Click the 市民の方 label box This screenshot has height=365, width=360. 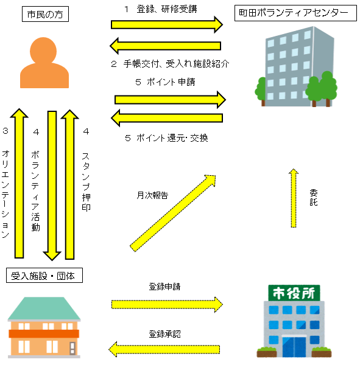pos(45,14)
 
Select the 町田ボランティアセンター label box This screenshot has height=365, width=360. pos(295,13)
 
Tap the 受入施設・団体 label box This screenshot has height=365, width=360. pos(44,276)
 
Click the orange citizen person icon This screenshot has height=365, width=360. pos(44,63)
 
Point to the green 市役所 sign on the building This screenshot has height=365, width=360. pos(294,293)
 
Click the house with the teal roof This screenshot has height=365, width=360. pos(44,327)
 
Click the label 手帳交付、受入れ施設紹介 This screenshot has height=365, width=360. pos(176,63)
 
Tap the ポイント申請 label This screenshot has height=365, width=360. pos(171,82)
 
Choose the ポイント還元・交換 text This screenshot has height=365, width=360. pos(172,138)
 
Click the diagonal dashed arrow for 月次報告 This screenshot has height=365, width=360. pos(172,214)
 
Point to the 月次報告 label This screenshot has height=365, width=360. pos(152,195)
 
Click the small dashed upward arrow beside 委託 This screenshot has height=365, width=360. pos(294,198)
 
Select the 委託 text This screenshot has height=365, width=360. pos(314,197)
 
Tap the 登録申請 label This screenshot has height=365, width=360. pos(164,287)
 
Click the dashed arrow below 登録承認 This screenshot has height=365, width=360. pos(164,349)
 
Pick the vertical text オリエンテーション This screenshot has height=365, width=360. pos(5,194)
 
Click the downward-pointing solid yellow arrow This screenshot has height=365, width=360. pos(52,186)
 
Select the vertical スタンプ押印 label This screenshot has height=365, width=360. pos(86,182)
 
